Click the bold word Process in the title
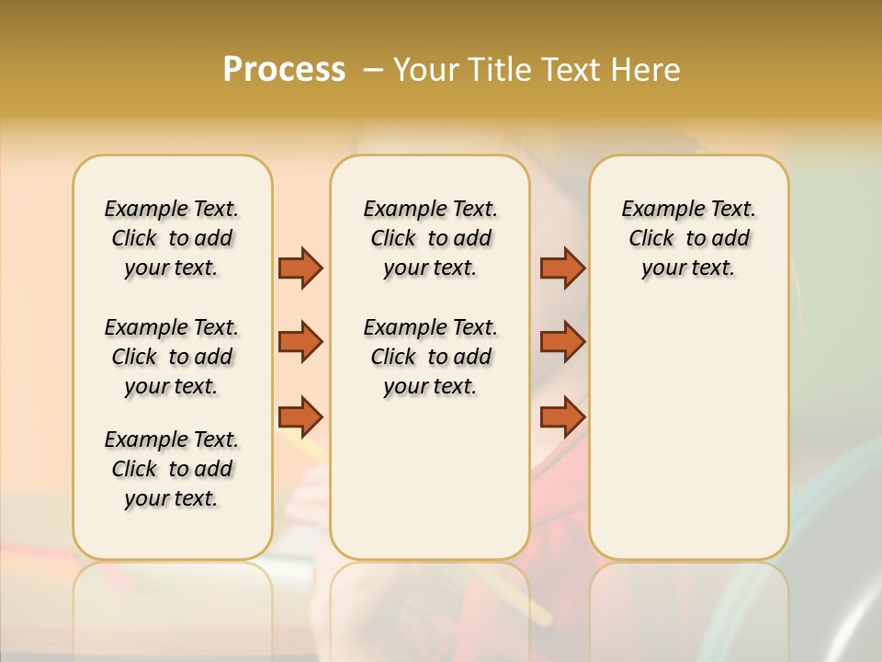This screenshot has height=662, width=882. coord(284,70)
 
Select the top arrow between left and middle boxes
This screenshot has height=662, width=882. coord(300,268)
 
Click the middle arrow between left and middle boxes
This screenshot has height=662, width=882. coord(300,342)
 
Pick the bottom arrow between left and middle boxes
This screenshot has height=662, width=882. coord(300,417)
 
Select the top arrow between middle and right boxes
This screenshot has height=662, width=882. coord(562,268)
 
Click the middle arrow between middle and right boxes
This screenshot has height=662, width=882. coord(562,342)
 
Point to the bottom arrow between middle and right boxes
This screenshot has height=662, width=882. coord(562,417)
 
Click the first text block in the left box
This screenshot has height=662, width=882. coord(172,238)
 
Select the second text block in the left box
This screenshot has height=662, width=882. coord(172,357)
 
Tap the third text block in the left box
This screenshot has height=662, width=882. coord(172,469)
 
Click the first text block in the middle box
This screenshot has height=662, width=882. coord(430,238)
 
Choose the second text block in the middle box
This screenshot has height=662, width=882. coord(430,357)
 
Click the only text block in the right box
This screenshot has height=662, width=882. coord(688,238)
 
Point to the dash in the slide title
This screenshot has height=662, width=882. coord(373,70)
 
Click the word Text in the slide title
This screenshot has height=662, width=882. coord(565,70)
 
